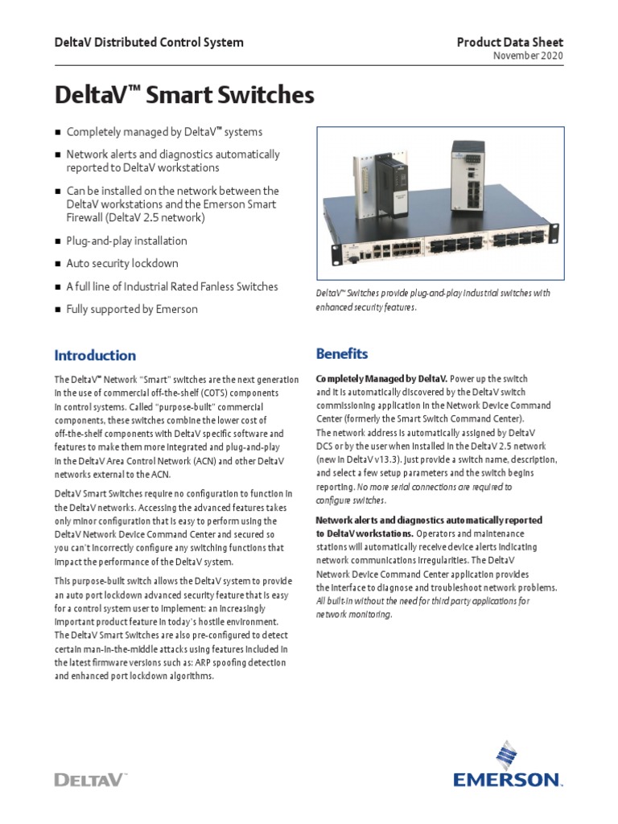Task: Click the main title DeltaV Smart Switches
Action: (x=183, y=96)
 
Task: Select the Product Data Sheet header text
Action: (x=510, y=43)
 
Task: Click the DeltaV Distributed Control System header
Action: (x=148, y=43)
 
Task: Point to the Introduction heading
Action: (x=95, y=355)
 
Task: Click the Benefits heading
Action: (x=342, y=353)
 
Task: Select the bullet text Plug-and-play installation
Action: (x=126, y=241)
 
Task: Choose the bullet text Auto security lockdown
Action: (x=122, y=263)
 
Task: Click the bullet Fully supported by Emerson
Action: (x=132, y=309)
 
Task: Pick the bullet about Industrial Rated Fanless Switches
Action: (x=172, y=286)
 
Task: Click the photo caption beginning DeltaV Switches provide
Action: (x=433, y=300)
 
